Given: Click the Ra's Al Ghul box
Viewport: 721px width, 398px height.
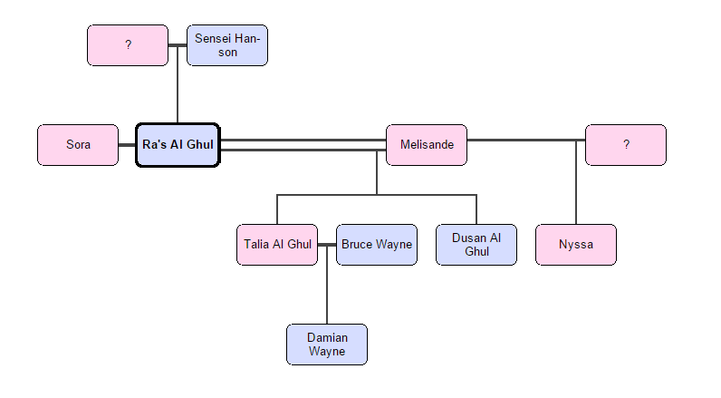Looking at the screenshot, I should (178, 145).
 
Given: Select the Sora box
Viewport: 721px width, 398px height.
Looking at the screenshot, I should (78, 145).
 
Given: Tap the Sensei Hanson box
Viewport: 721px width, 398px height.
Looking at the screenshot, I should (227, 45).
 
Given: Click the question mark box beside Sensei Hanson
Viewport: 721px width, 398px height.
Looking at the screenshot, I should (128, 45).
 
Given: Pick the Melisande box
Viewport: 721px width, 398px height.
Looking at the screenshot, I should (427, 145).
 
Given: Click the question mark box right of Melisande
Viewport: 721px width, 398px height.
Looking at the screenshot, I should (626, 145).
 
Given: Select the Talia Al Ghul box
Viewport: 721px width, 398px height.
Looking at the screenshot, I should (277, 245).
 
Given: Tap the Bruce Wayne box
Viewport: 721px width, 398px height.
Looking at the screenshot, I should (377, 245).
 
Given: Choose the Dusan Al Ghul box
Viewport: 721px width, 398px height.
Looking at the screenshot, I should (476, 245).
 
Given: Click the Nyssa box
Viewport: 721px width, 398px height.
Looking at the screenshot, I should (576, 245).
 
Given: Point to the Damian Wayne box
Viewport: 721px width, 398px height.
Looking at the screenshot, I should (327, 345).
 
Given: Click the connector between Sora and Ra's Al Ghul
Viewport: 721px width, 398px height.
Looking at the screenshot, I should (127, 145).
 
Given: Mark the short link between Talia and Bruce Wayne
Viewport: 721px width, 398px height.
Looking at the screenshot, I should (327, 245).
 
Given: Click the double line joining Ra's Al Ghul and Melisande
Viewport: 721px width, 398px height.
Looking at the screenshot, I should (303, 145).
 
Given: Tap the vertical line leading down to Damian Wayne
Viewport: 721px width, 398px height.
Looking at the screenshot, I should (327, 290).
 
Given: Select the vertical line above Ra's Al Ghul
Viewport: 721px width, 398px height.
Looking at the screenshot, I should (178, 95).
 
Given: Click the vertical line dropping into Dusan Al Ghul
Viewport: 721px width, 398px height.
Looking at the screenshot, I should (476, 209).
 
